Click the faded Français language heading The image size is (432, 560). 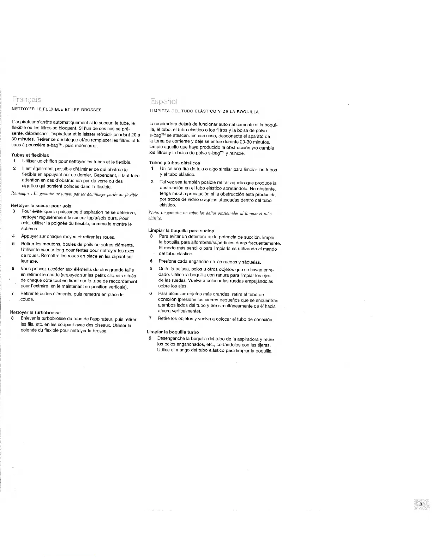pyautogui.click(x=26, y=99)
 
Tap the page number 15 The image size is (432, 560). pyautogui.click(x=419, y=504)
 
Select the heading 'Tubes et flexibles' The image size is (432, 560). pyautogui.click(x=30, y=155)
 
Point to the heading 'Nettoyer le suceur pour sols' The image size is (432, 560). pyautogui.click(x=41, y=205)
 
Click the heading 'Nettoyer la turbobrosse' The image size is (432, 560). pyautogui.click(x=35, y=312)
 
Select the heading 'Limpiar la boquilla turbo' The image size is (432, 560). pyautogui.click(x=173, y=332)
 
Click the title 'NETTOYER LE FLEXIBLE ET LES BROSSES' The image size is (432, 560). pyautogui.click(x=56, y=110)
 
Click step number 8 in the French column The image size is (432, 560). pyautogui.click(x=13, y=319)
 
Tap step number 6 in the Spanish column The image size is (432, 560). pyautogui.click(x=151, y=293)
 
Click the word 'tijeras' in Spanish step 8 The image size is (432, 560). pyautogui.click(x=263, y=345)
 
